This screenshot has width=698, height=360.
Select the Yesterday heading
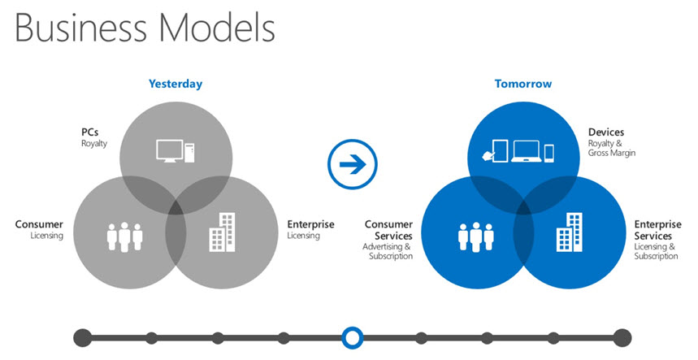176,84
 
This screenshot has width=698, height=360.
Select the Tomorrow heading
523,84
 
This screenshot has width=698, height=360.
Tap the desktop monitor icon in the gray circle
170,151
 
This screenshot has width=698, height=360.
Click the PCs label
90,132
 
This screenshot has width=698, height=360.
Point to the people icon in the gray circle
124,237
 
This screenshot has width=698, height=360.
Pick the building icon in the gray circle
222,232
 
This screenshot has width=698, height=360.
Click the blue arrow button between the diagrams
353,164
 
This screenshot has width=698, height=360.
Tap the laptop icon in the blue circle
527,151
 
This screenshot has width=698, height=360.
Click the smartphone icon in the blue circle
549,153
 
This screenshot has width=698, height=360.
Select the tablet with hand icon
496,151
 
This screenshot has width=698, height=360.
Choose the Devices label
606,132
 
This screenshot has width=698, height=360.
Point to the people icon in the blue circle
476,237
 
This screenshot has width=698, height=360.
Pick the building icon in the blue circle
570,232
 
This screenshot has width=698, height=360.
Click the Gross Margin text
612,153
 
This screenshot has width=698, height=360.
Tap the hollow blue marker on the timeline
353,338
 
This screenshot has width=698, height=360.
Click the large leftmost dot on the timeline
83,338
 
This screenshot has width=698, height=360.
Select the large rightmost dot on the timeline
622,338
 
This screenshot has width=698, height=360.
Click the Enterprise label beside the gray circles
310,224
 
